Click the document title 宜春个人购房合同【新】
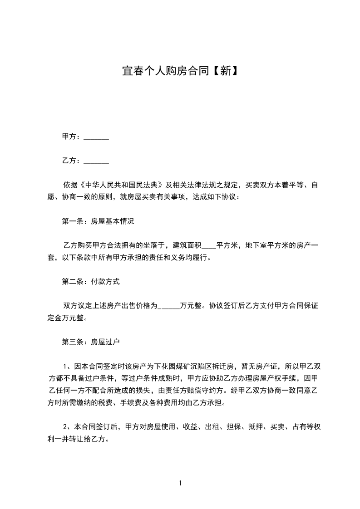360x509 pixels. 180,71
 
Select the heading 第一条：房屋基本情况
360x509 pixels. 98,222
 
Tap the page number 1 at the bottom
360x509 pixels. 180,483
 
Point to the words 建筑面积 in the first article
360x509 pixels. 186,246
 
